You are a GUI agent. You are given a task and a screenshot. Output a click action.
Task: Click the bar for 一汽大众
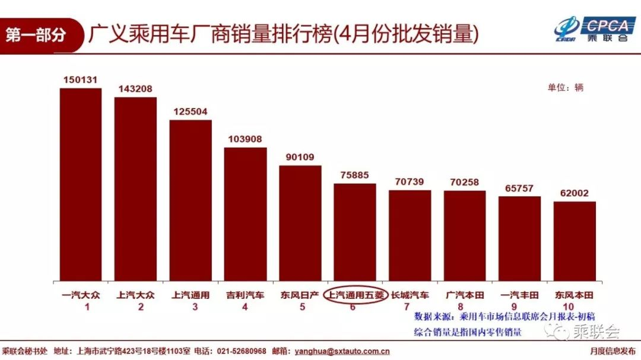81,184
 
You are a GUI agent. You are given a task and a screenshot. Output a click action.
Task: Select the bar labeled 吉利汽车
245,214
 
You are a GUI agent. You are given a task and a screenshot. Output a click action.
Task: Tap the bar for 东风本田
575,241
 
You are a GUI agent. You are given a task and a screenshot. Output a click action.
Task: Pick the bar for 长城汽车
410,235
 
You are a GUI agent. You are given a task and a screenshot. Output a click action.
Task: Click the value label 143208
135,89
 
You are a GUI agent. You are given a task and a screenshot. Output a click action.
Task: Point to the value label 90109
300,157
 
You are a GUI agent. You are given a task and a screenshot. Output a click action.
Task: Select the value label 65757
519,188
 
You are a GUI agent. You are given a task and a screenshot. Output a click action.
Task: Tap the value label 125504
191,111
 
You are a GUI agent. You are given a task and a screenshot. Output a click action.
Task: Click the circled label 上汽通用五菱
355,295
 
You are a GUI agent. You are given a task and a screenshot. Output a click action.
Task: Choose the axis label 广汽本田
465,295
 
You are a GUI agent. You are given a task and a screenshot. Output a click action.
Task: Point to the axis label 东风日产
300,295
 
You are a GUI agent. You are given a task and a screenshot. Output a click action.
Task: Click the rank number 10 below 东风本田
575,307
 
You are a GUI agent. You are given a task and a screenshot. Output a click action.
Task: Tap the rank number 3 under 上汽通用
191,307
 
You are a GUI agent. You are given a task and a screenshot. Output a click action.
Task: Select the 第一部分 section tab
37,34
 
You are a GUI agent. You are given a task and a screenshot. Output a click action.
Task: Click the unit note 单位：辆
565,87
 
